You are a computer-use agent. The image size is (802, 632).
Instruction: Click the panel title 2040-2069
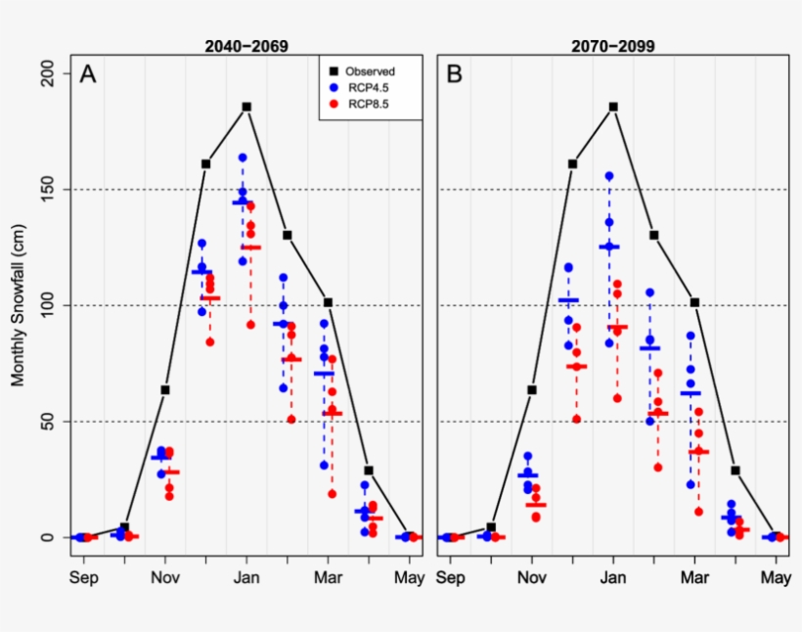[x=245, y=45]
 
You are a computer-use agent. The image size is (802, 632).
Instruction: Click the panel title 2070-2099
[x=613, y=45]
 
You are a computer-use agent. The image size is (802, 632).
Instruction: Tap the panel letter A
[x=88, y=74]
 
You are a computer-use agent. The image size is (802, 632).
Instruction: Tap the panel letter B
[x=455, y=74]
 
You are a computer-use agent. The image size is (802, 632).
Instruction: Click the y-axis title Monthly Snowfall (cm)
[x=18, y=304]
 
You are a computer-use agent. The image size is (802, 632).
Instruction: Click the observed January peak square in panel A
[x=246, y=107]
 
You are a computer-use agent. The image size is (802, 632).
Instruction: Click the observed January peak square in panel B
[x=613, y=107]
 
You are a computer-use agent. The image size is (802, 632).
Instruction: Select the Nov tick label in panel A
[x=165, y=577]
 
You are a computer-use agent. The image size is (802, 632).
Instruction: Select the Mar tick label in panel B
[x=694, y=577]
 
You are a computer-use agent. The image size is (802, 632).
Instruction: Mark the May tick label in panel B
[x=776, y=577]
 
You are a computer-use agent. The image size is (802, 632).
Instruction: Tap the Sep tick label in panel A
[x=84, y=577]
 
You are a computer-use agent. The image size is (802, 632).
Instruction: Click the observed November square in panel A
[x=165, y=389]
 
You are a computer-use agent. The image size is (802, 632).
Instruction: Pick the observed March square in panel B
[x=694, y=302]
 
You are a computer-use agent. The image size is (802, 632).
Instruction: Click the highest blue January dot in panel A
[x=242, y=158]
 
